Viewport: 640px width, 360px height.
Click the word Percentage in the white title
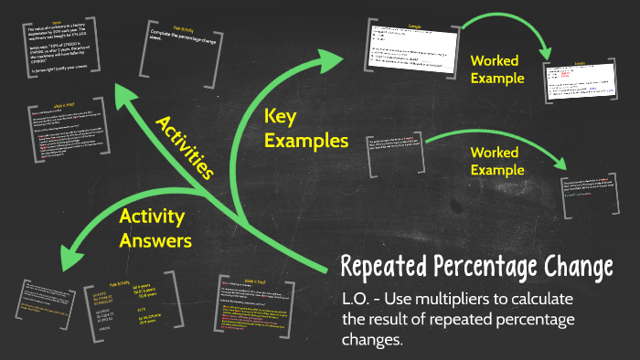pyautogui.click(x=485, y=268)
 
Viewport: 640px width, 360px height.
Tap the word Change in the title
pyautogui.click(x=580, y=268)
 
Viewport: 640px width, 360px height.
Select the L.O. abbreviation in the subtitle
pyautogui.click(x=357, y=300)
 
